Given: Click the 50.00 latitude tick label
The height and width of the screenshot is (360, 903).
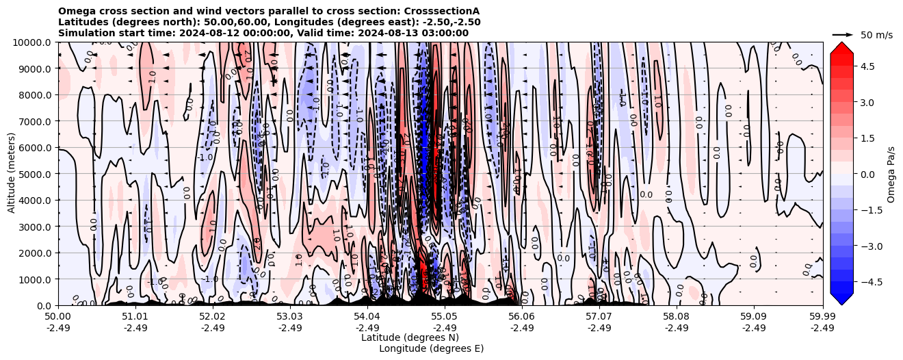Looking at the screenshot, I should pyautogui.click(x=58, y=317).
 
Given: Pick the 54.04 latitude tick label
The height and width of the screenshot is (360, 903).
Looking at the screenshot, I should pyautogui.click(x=367, y=317).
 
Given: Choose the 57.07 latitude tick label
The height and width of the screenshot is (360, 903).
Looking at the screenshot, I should pyautogui.click(x=599, y=317).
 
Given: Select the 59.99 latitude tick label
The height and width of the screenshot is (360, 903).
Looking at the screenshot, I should pyautogui.click(x=822, y=317).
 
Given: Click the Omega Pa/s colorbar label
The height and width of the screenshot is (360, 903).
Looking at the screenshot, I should pyautogui.click(x=891, y=174).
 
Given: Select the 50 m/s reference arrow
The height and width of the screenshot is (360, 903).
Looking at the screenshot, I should pyautogui.click(x=843, y=34).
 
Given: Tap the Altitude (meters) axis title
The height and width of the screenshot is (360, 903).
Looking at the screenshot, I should pyautogui.click(x=12, y=174).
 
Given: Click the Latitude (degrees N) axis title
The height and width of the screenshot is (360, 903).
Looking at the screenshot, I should pyautogui.click(x=410, y=337).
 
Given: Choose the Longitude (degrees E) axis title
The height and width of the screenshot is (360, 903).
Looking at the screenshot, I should pyautogui.click(x=431, y=348).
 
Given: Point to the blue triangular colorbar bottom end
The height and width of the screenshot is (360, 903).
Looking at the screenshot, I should pyautogui.click(x=841, y=298).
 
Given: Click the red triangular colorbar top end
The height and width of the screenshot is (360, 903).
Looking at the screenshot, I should pyautogui.click(x=841, y=48).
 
